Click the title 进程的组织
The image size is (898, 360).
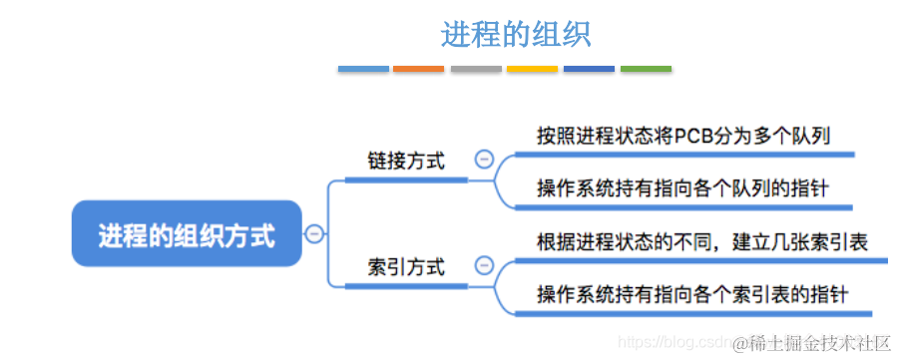coord(516,34)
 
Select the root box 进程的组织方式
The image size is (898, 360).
coord(187,234)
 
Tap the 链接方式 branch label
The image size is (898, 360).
coord(406,161)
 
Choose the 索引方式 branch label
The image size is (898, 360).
coord(406,266)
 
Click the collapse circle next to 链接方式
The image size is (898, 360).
coord(484,160)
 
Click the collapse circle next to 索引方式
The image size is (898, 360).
coord(484,265)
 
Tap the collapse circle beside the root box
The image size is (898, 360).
coord(314,234)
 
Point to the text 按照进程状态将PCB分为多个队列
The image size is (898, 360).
coord(684,136)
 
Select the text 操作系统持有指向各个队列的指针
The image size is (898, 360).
coord(684,187)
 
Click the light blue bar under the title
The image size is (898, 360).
coord(363,69)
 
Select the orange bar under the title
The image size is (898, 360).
coord(419,69)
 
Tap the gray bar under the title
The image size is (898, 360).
coord(476,69)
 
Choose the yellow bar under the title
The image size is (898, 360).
coord(532,69)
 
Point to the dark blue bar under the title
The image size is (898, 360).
coord(589,69)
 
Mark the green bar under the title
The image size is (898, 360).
coord(646,69)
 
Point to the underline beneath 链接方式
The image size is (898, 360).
coord(406,180)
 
